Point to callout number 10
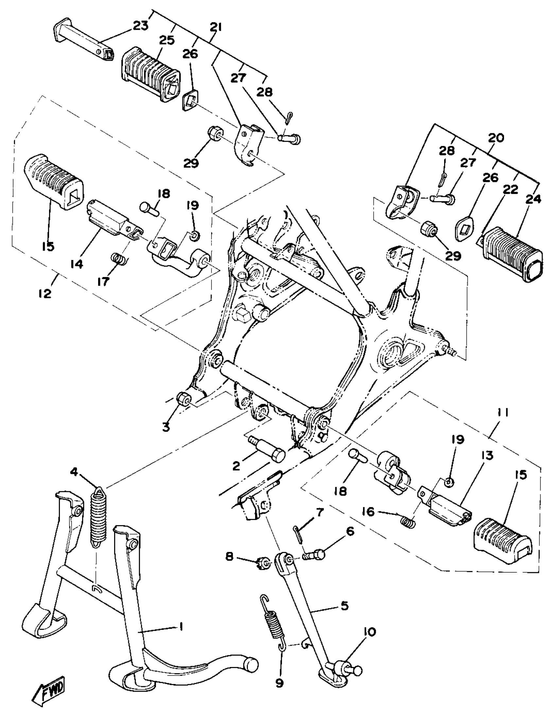pyautogui.click(x=370, y=632)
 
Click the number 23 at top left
pyautogui.click(x=141, y=26)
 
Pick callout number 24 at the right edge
pyautogui.click(x=533, y=199)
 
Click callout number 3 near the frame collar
pyautogui.click(x=166, y=427)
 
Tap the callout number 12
pyautogui.click(x=45, y=293)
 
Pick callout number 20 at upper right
pyautogui.click(x=495, y=138)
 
